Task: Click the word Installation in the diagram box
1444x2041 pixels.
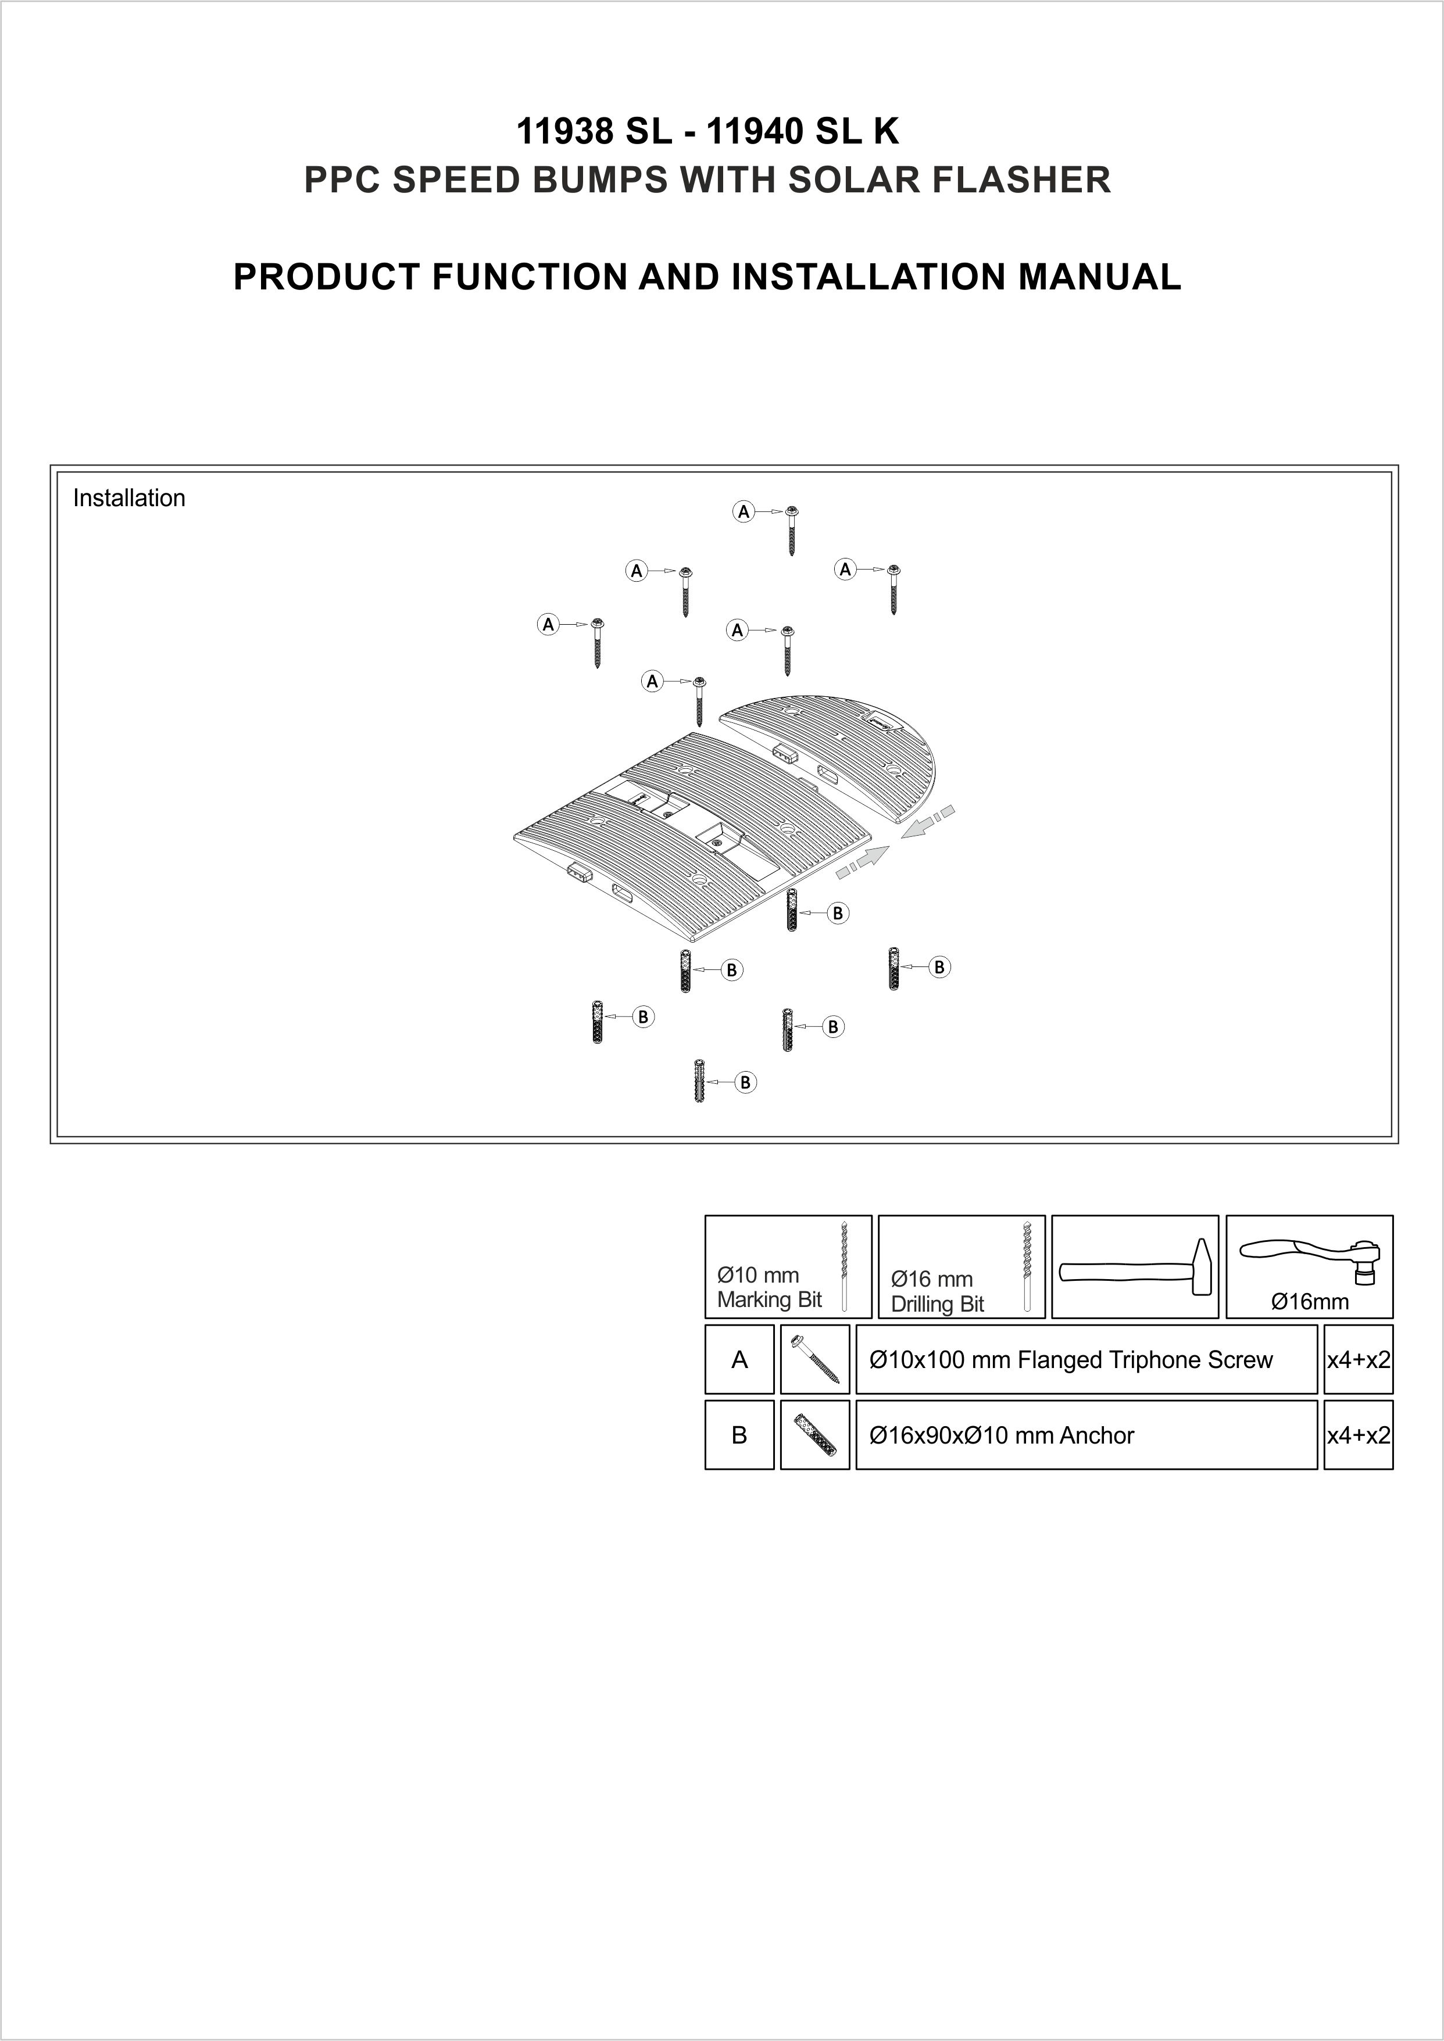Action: (129, 498)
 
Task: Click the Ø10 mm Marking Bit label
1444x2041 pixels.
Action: (769, 1287)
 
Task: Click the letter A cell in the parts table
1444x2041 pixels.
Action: (739, 1360)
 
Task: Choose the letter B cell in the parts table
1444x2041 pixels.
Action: (739, 1435)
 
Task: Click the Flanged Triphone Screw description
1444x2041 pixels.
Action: (1071, 1360)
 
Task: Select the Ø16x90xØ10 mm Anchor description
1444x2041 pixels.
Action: (1001, 1435)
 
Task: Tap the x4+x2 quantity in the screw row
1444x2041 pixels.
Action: (1358, 1360)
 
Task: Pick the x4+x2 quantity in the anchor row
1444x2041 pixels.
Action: (1358, 1435)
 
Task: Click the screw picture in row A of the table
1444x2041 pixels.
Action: (814, 1360)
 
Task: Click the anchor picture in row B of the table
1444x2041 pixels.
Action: (814, 1435)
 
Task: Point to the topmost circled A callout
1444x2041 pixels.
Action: (744, 511)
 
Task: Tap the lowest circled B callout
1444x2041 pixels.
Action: (745, 1082)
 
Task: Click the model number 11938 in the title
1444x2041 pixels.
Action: (564, 133)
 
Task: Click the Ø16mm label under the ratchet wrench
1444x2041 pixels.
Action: (1310, 1302)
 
